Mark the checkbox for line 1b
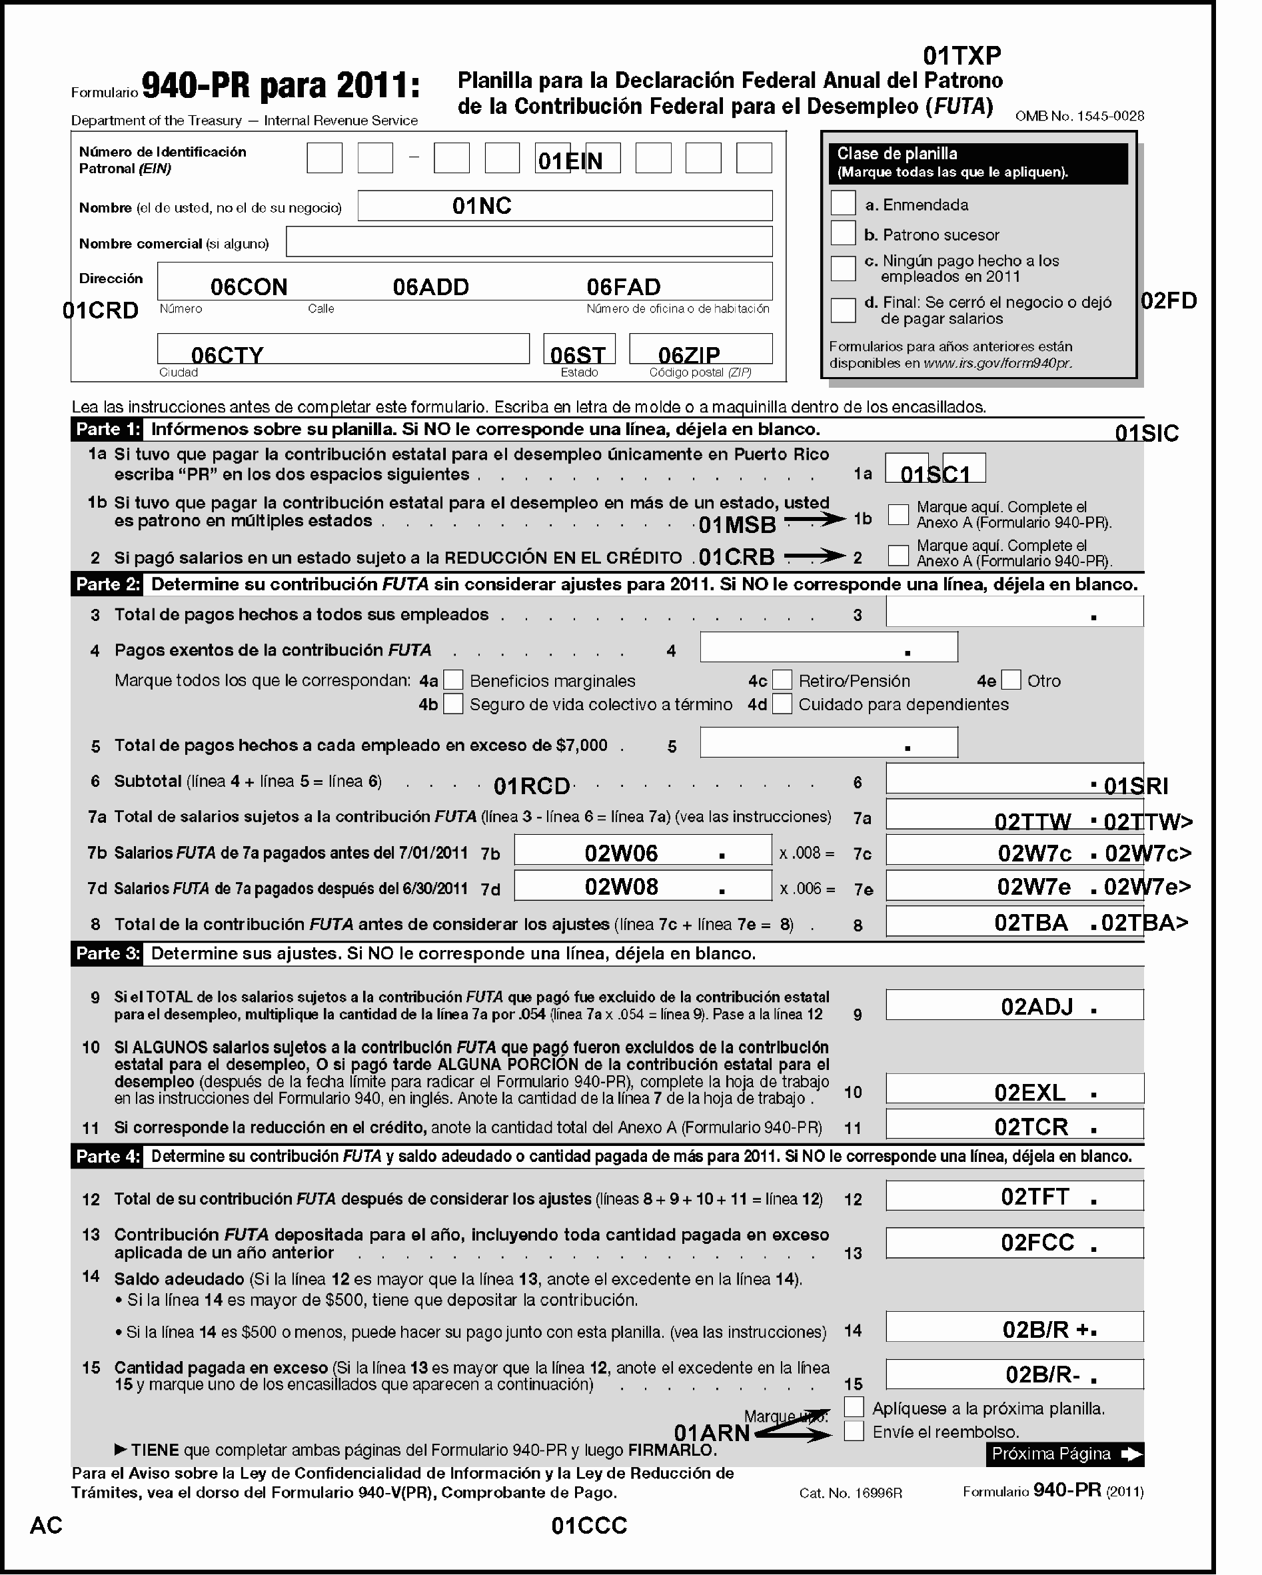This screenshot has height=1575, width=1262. point(898,514)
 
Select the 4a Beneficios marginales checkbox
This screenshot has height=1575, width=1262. point(453,680)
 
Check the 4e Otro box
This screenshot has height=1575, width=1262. point(1011,680)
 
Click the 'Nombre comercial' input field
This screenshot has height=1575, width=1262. point(528,242)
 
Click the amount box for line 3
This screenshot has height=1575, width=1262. point(1013,612)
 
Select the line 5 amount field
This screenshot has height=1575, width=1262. point(828,742)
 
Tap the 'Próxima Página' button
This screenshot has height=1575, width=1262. point(1064,1454)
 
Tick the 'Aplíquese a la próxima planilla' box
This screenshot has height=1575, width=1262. point(854,1407)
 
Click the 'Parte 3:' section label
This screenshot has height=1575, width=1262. point(107,953)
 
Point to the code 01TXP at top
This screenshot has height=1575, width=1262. point(961,55)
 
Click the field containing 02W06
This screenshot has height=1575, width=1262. point(642,850)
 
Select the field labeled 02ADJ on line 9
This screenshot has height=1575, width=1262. point(1013,1005)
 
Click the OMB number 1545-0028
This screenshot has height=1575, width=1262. point(1079,116)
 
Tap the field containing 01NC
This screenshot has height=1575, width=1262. point(564,206)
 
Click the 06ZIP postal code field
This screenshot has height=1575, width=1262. point(700,349)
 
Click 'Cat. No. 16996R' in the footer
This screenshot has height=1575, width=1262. point(851,1493)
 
